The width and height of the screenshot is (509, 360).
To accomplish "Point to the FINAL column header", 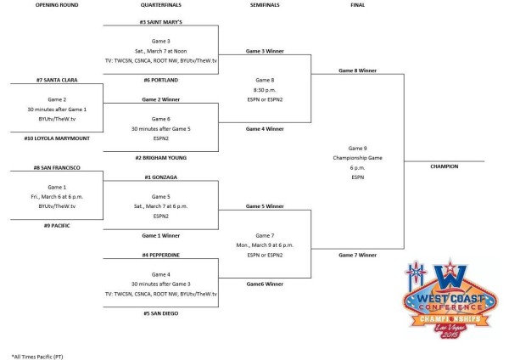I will coord(357,5).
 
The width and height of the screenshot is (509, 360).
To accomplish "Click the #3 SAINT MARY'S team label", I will coord(160,20).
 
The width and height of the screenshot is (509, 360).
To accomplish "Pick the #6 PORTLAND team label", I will coord(160,79).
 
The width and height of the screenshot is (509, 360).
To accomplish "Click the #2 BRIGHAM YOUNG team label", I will coord(160,158).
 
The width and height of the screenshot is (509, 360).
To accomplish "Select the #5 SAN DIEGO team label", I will coord(160,313).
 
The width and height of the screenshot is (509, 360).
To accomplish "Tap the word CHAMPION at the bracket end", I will coord(444,166).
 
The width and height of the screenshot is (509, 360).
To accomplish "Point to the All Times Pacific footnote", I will coord(39,354).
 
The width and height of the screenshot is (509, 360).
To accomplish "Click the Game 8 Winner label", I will coord(357,70).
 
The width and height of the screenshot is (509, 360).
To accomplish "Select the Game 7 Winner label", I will coord(357,255).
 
